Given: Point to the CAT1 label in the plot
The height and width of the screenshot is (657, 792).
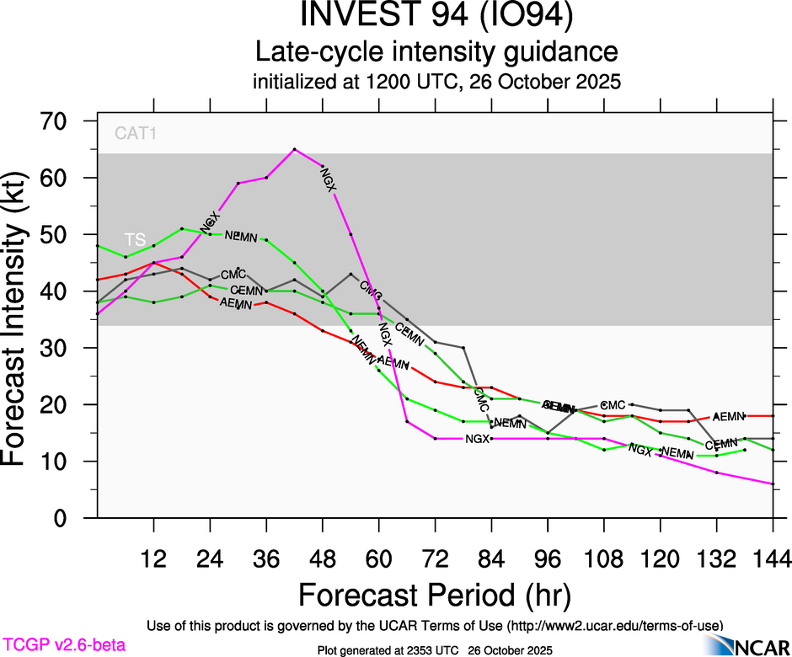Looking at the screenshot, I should tap(136, 133).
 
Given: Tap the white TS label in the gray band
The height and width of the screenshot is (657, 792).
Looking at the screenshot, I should tap(135, 238).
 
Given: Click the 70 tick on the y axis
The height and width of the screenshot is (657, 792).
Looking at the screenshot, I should tap(62, 121).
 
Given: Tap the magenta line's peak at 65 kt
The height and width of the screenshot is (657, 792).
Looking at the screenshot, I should tap(294, 149).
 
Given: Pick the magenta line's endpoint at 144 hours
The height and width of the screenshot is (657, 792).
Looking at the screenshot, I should tap(772, 483).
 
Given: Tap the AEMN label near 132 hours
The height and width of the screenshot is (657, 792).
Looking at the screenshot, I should tap(729, 416).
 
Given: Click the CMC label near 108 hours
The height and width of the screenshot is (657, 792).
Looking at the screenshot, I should tap(613, 405).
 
